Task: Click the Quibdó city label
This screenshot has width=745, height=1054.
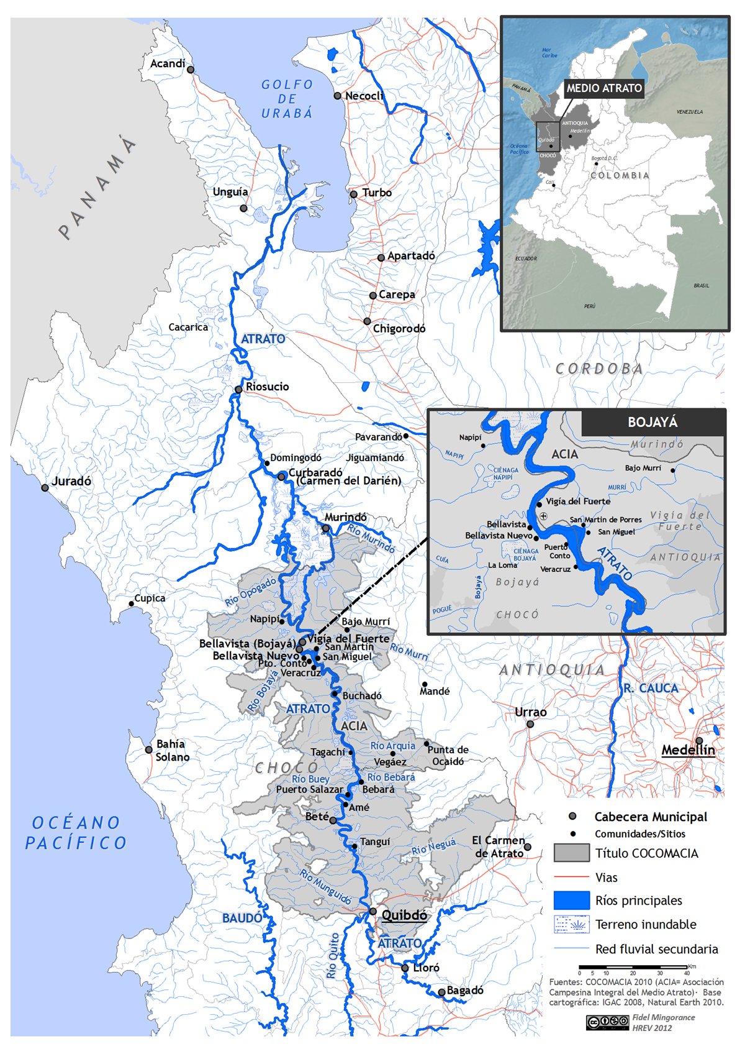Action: [404, 915]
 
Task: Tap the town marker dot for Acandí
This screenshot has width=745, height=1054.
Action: [191, 70]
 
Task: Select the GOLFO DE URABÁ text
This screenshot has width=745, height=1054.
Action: [287, 99]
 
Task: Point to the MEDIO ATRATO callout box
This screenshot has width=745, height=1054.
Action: [603, 88]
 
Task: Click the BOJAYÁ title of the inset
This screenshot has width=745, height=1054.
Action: [652, 423]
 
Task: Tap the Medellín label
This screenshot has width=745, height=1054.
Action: [688, 750]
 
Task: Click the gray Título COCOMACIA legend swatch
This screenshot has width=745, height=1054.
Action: [571, 853]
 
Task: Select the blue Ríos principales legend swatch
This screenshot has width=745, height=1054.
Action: [571, 900]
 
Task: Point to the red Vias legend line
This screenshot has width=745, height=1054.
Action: [571, 877]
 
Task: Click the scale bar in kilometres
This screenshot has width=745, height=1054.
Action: [633, 967]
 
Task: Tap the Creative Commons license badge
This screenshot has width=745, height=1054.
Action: [607, 1022]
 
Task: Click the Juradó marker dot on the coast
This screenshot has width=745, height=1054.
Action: [45, 488]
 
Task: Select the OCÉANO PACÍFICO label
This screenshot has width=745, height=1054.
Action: [76, 833]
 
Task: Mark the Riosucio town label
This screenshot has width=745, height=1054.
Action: [267, 387]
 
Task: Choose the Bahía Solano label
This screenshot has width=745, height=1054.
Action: [172, 750]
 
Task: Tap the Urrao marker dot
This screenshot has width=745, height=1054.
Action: [530, 724]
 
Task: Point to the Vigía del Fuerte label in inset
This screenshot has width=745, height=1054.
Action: [578, 502]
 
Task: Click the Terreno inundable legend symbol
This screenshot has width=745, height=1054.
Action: [571, 924]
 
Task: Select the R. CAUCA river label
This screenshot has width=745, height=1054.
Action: [651, 688]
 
